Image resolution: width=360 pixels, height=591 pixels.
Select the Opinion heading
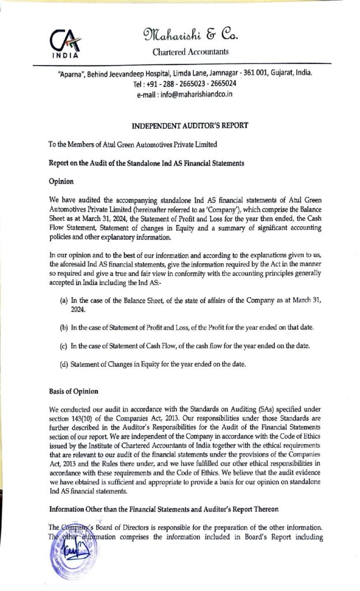tap(59, 181)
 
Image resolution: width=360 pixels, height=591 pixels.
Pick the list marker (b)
tap(64, 328)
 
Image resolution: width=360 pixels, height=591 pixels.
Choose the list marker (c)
tap(64, 346)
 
